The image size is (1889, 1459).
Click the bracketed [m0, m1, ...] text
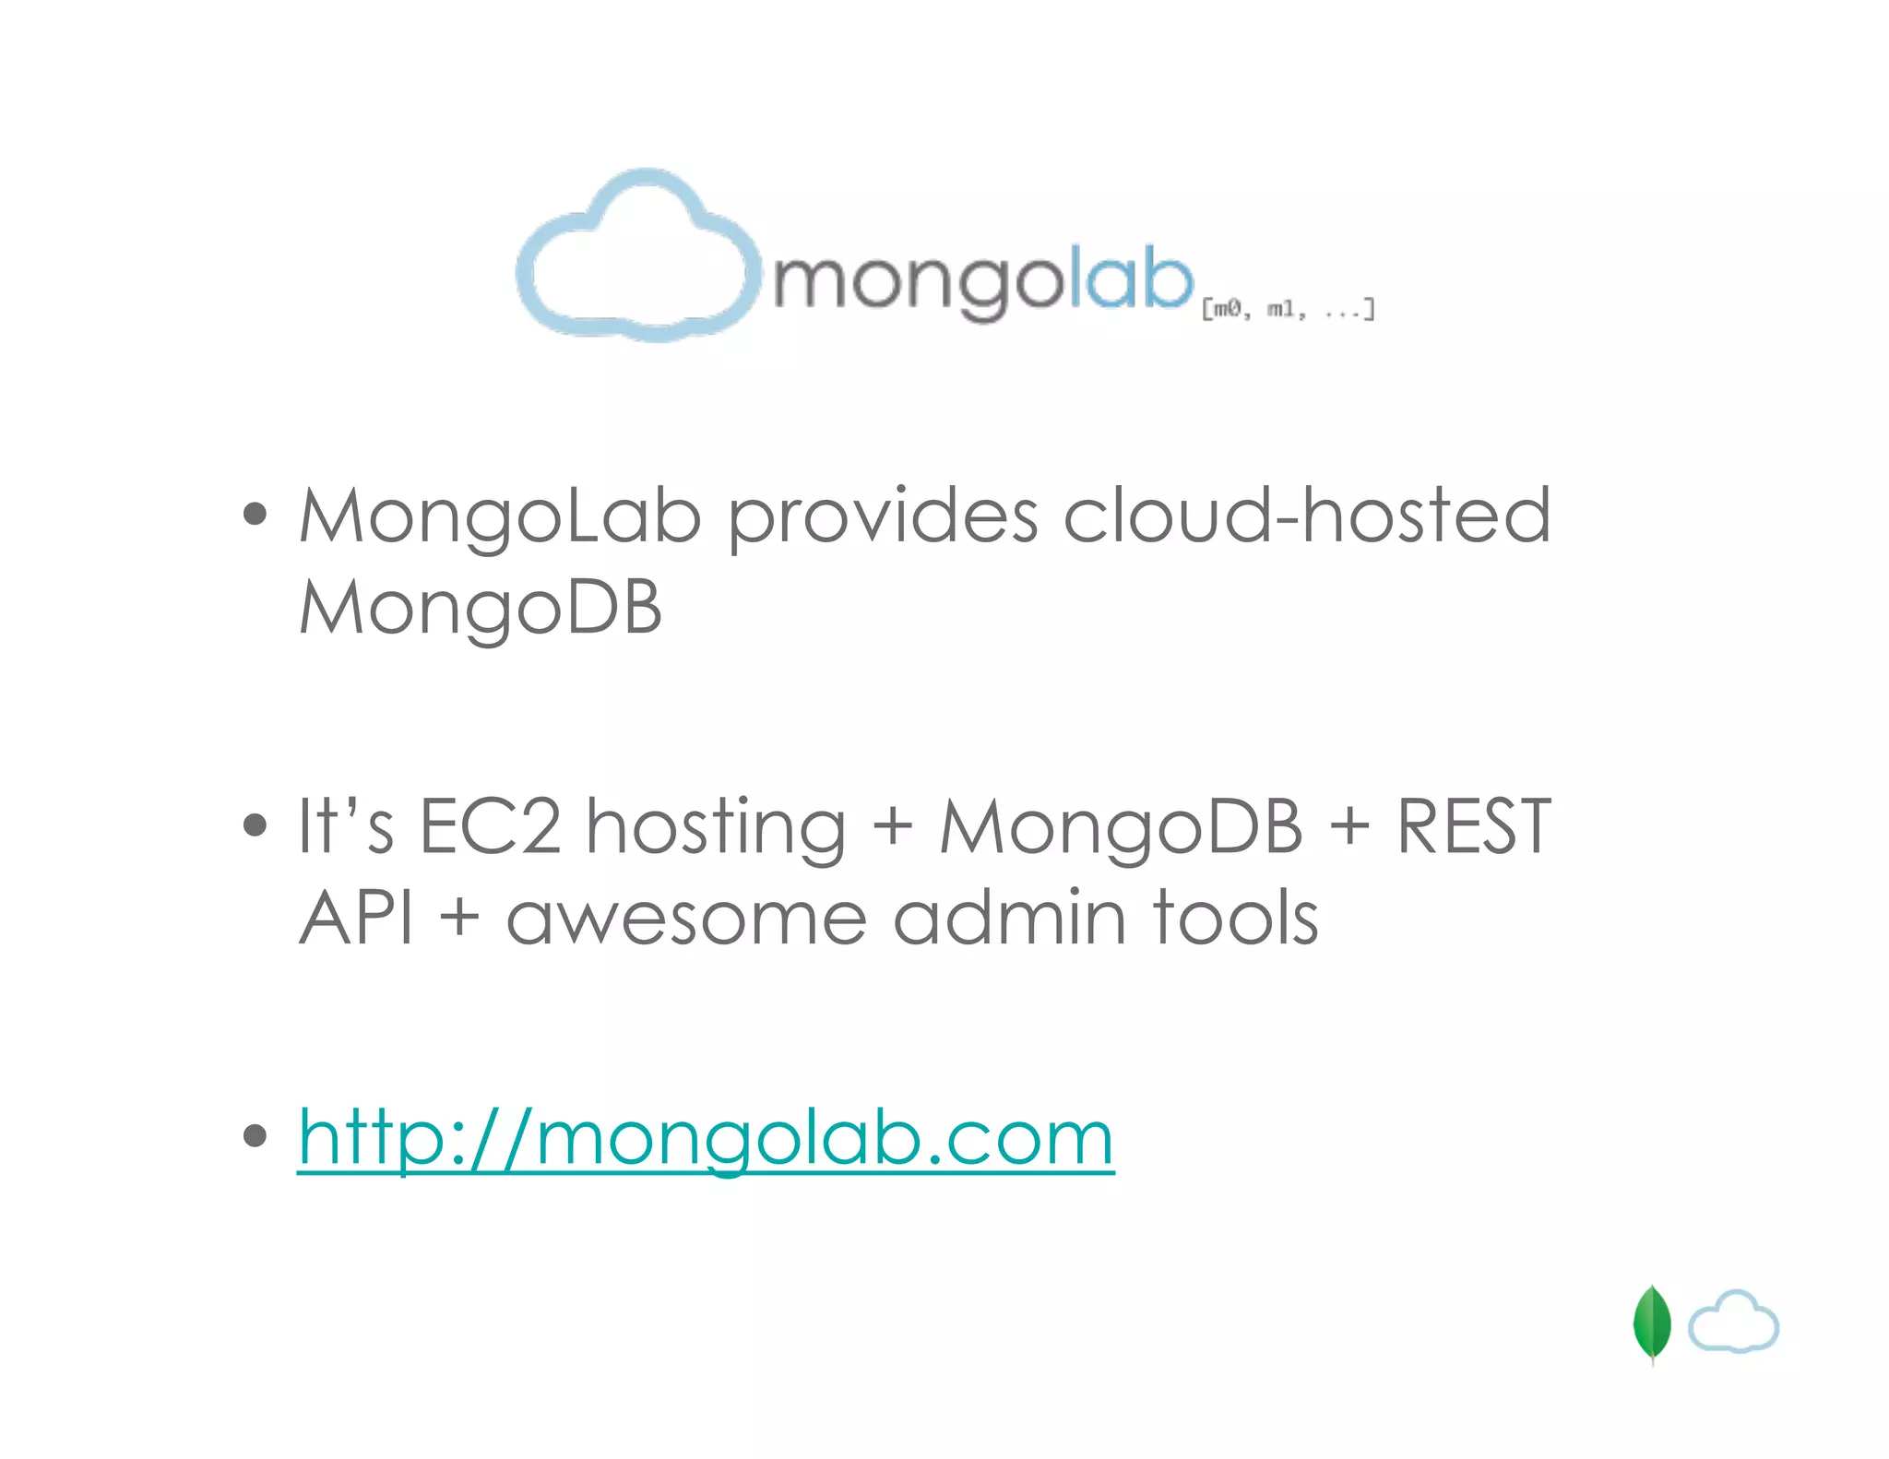pyautogui.click(x=1288, y=309)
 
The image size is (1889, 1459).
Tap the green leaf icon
pyautogui.click(x=1651, y=1323)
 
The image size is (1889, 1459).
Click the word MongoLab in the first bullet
pyautogui.click(x=500, y=516)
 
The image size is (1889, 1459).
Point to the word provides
pyautogui.click(x=883, y=516)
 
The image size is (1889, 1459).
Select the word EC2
pyautogui.click(x=490, y=826)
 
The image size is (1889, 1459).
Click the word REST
pyautogui.click(x=1473, y=826)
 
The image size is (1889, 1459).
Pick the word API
pyautogui.click(x=356, y=919)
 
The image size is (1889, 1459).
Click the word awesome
pyautogui.click(x=686, y=920)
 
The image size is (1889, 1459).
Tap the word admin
pyautogui.click(x=1010, y=919)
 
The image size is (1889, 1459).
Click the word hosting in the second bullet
pyautogui.click(x=716, y=828)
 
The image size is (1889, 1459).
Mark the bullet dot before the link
pyautogui.click(x=255, y=1136)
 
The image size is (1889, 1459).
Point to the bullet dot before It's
pyautogui.click(x=255, y=824)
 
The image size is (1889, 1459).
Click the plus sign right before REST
pyautogui.click(x=1349, y=826)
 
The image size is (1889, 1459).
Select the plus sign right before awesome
pyautogui.click(x=459, y=920)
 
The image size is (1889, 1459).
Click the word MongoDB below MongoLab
pyautogui.click(x=481, y=609)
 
